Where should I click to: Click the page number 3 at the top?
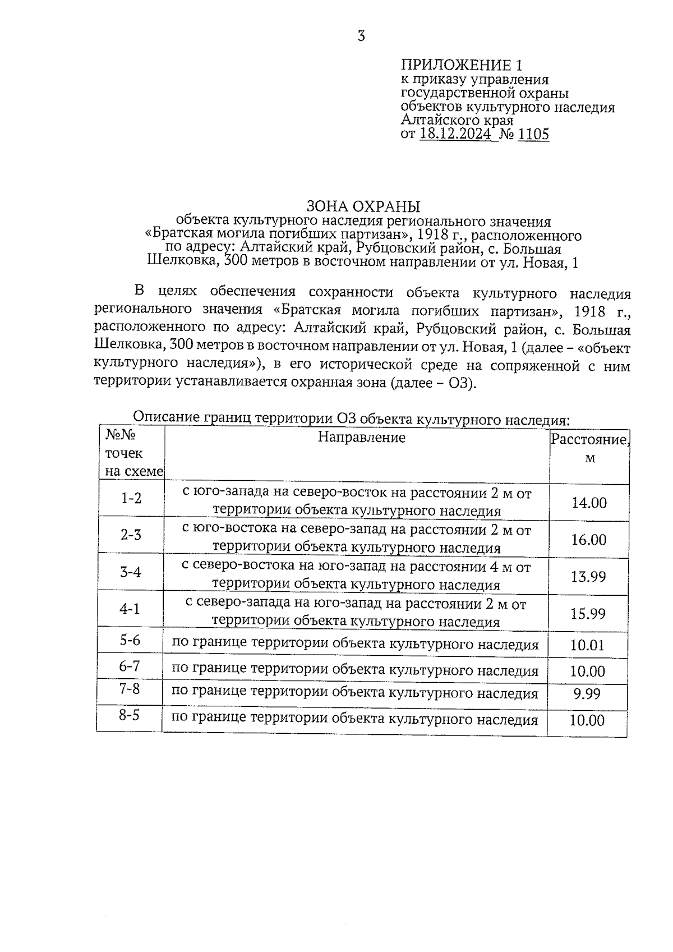pyautogui.click(x=361, y=36)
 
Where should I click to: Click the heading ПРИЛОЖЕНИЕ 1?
pyautogui.click(x=465, y=65)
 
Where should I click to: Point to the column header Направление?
pyautogui.click(x=362, y=437)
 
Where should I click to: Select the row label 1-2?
pyautogui.click(x=131, y=498)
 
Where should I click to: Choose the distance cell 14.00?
pyautogui.click(x=589, y=503)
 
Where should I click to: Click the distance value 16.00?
pyautogui.click(x=589, y=540)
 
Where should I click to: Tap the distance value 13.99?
pyautogui.click(x=588, y=576)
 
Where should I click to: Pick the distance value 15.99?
pyautogui.click(x=588, y=613)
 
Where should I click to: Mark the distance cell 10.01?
pyautogui.click(x=587, y=645)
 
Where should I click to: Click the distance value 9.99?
pyautogui.click(x=587, y=695)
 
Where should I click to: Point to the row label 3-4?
pyautogui.click(x=131, y=572)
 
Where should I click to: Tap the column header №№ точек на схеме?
pyautogui.click(x=132, y=453)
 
